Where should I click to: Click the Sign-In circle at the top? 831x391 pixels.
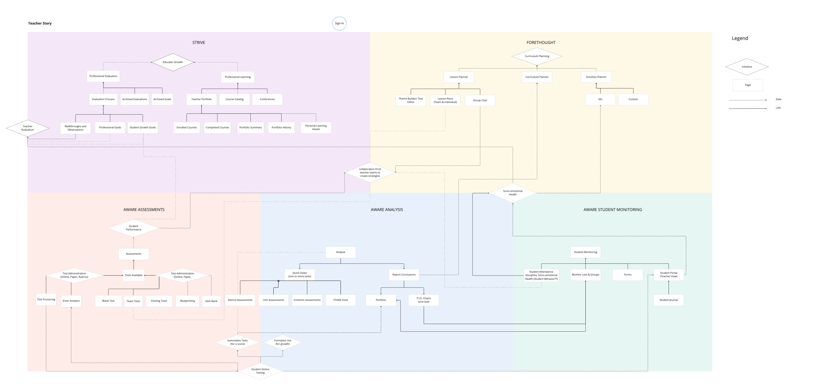point(339,23)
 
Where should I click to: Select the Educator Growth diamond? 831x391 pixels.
point(173,62)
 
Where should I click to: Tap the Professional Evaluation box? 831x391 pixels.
point(103,76)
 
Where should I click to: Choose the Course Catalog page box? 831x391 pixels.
point(235,99)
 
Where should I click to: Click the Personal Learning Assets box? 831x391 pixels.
point(316,127)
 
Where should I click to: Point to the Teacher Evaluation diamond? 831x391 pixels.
point(27,128)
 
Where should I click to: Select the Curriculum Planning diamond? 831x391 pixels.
point(537,56)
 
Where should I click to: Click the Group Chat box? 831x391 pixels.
point(480,100)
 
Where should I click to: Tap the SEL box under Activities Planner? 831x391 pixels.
point(600,99)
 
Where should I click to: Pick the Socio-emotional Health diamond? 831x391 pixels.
point(513,193)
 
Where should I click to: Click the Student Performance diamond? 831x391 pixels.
point(134,228)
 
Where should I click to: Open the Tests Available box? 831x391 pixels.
point(134,275)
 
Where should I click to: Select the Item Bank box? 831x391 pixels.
point(211,301)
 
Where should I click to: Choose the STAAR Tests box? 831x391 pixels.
point(340,300)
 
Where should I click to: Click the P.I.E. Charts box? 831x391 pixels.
point(423,300)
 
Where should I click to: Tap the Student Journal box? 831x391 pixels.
point(668,300)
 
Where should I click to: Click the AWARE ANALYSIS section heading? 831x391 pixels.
point(386,210)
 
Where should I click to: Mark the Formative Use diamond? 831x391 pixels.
point(283,342)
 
